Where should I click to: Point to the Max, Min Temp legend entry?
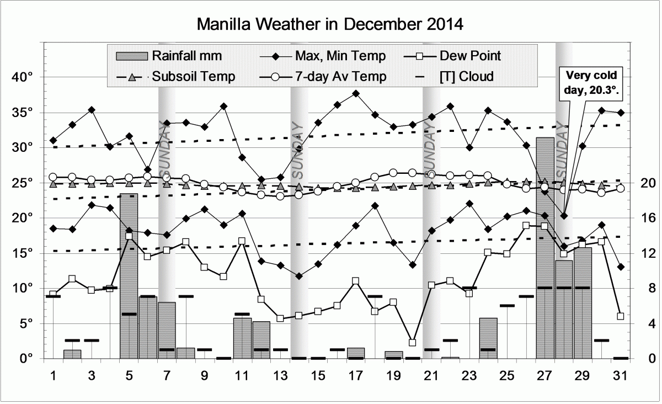(x=320, y=56)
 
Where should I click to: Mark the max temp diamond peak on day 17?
(x=356, y=93)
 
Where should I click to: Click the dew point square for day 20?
(x=413, y=343)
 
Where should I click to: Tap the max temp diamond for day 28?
(x=564, y=216)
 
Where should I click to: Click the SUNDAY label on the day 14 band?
(x=298, y=146)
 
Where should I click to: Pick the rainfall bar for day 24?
(x=488, y=338)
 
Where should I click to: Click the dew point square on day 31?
(x=621, y=316)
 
